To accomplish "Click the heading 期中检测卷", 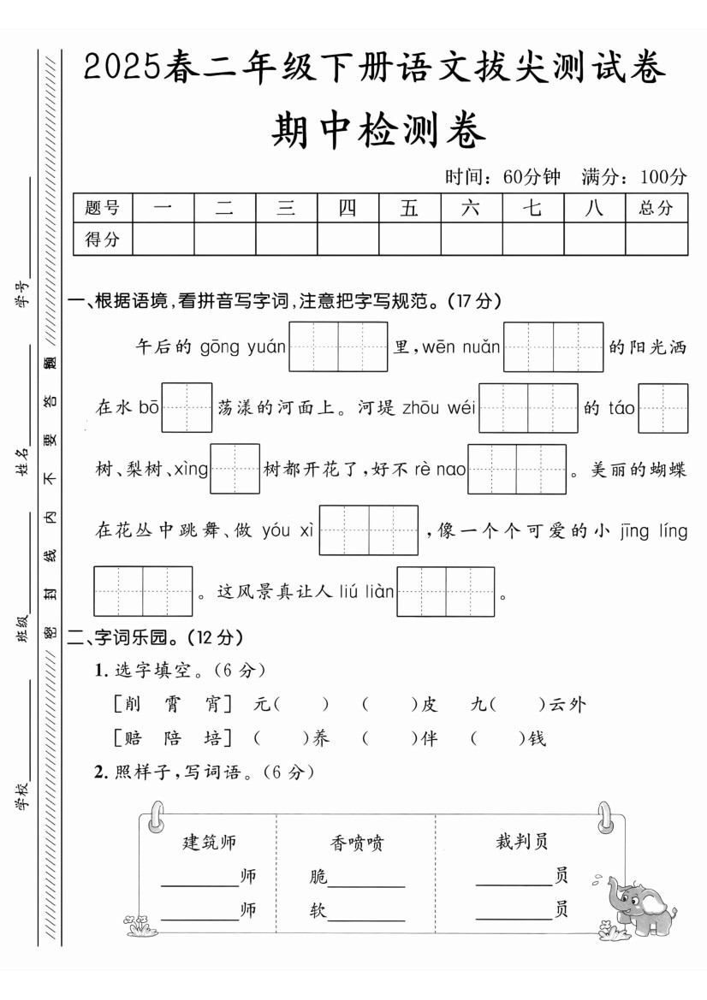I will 377,131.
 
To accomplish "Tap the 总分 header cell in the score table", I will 656,208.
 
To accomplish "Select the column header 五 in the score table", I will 409,208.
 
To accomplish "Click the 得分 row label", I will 102,240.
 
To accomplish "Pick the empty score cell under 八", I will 594,240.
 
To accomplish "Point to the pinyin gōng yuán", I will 243,347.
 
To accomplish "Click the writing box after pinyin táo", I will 662,408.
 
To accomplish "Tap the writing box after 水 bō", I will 187,408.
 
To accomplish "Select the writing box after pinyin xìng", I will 235,469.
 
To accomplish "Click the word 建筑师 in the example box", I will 210,842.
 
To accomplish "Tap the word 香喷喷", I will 356,843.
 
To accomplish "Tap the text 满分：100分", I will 633,177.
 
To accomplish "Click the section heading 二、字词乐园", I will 150,637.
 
